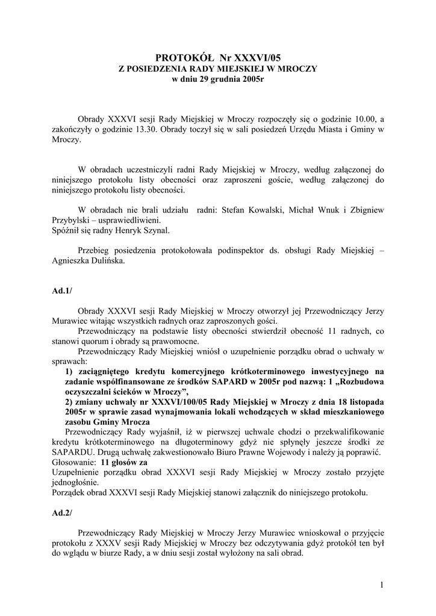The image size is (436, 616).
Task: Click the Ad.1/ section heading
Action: tap(62, 291)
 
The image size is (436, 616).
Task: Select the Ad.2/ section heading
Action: tap(62, 513)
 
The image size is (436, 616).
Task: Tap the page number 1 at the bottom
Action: tap(382, 585)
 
